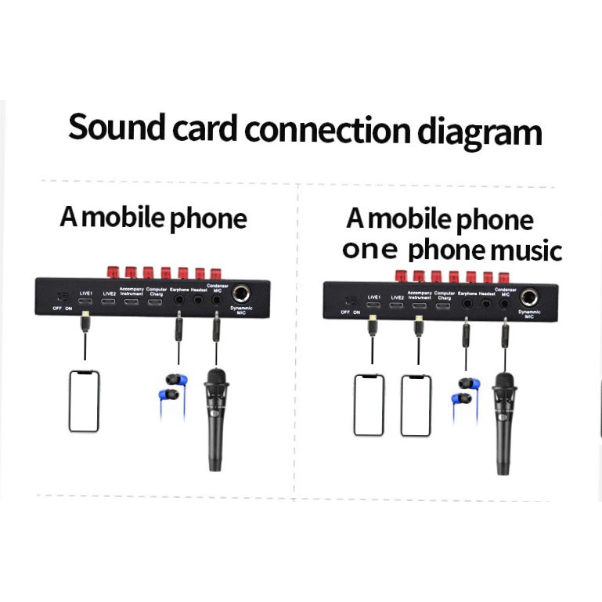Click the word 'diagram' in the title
tap(479, 132)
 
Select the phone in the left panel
tap(84, 401)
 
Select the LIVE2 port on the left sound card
tap(110, 301)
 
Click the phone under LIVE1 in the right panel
tap(369, 405)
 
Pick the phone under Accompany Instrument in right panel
tap(416, 406)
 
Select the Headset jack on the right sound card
tap(487, 303)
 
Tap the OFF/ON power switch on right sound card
tap(350, 301)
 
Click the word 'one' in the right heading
tap(371, 251)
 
